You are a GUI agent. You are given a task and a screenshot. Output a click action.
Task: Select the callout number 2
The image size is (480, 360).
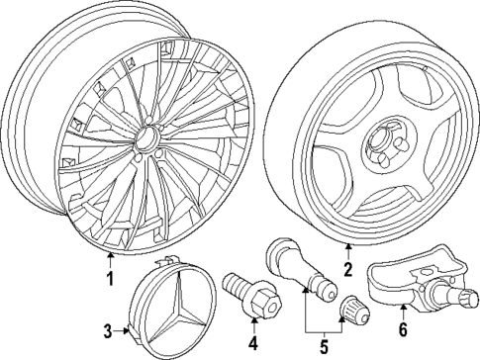pos(347,268)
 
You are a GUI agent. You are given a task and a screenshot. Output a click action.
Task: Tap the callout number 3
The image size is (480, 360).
pos(108,329)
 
